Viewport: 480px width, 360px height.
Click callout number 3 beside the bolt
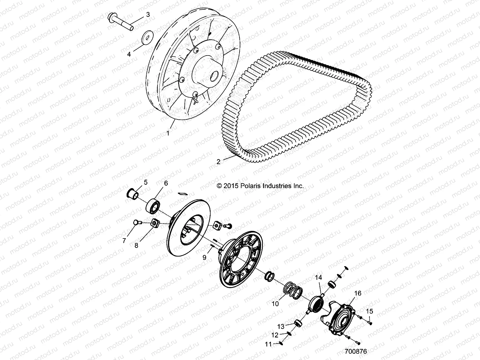pyautogui.click(x=148, y=14)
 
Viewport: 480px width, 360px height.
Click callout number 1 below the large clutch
pyautogui.click(x=168, y=132)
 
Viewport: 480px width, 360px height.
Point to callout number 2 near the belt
pyautogui.click(x=218, y=162)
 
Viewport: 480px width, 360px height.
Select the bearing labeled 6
pyautogui.click(x=153, y=205)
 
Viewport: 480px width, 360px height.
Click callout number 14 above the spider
pyautogui.click(x=318, y=278)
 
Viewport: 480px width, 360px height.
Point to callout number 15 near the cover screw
pyautogui.click(x=370, y=311)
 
